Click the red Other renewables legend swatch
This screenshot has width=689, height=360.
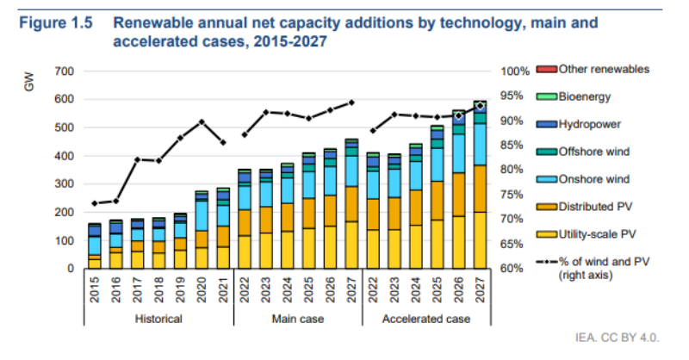(x=546, y=69)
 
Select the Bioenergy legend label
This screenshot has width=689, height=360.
(x=585, y=96)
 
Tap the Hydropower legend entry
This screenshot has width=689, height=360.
(x=588, y=124)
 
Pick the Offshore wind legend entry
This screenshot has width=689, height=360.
(x=592, y=152)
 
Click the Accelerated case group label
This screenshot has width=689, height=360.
(x=427, y=319)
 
